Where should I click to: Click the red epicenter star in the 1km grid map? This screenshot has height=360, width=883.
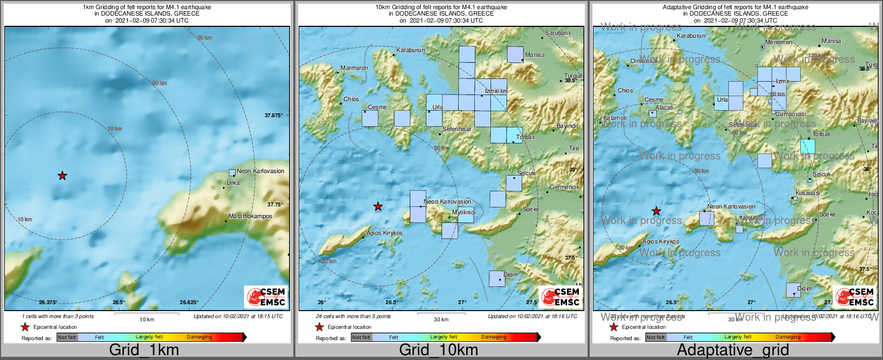click(x=62, y=176)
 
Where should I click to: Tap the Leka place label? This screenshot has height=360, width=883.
click(x=233, y=183)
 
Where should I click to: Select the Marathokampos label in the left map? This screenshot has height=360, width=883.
click(x=250, y=217)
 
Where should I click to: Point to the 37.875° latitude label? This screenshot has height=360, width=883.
click(x=274, y=116)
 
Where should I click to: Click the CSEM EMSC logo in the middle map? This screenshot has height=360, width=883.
click(x=561, y=297)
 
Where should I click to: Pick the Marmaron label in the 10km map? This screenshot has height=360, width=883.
click(x=354, y=68)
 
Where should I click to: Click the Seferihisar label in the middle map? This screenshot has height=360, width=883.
click(x=457, y=129)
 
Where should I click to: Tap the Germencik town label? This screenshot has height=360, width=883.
click(x=564, y=188)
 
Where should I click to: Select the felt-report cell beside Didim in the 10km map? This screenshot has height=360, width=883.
click(x=497, y=279)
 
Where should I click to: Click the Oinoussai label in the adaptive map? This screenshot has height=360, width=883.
click(x=644, y=61)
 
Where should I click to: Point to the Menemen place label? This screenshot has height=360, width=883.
click(x=779, y=42)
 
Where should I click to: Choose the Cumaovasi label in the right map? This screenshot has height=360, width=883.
click(x=791, y=114)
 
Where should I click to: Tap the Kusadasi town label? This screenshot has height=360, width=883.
click(x=808, y=193)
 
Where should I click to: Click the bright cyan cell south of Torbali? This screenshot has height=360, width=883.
click(x=807, y=146)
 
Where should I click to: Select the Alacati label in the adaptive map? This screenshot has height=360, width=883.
click(x=664, y=108)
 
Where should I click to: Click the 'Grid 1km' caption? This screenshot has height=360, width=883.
click(x=144, y=350)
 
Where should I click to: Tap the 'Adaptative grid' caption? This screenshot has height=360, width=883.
click(x=733, y=350)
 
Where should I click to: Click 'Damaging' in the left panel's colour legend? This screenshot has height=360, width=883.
click(x=199, y=337)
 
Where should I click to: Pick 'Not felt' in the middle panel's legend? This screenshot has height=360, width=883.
click(x=361, y=337)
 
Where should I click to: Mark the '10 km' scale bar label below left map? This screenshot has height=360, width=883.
click(x=147, y=320)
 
